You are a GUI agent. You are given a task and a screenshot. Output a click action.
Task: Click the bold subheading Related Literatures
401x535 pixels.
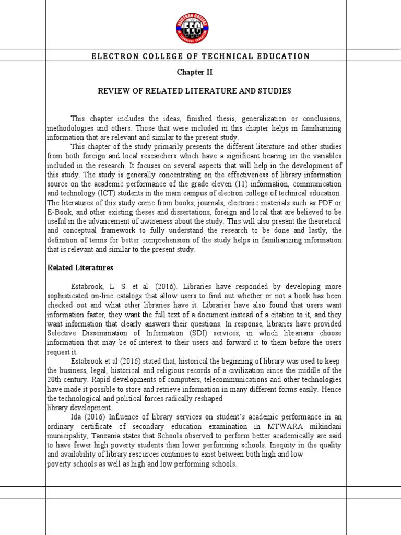coord(80,268)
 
